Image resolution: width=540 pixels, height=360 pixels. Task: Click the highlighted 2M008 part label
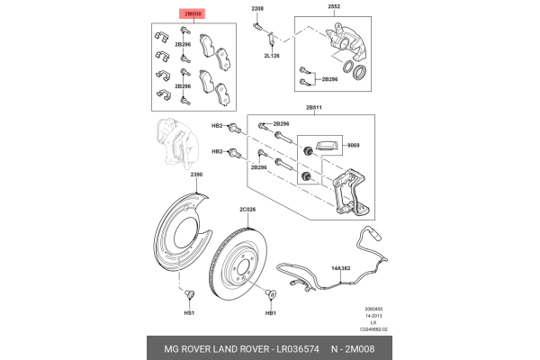pyautogui.click(x=194, y=14)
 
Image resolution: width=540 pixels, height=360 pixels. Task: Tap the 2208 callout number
pyautogui.click(x=257, y=8)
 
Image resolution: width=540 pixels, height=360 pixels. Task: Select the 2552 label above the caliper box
pyautogui.click(x=334, y=8)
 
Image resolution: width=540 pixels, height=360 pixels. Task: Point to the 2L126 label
pyautogui.click(x=271, y=55)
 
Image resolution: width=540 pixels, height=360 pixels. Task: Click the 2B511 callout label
pyautogui.click(x=314, y=107)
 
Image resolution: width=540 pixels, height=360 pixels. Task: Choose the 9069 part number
pyautogui.click(x=354, y=145)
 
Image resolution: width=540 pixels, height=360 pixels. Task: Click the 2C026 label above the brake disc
pyautogui.click(x=247, y=210)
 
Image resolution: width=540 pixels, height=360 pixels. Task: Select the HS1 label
pyautogui.click(x=189, y=313)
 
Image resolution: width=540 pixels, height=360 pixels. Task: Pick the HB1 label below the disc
pyautogui.click(x=270, y=313)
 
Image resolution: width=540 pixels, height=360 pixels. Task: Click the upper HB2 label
pyautogui.click(x=217, y=126)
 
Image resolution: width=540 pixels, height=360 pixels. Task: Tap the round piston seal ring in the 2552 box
pyautogui.click(x=357, y=72)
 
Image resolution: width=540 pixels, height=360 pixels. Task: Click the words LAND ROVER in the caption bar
pyautogui.click(x=229, y=347)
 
